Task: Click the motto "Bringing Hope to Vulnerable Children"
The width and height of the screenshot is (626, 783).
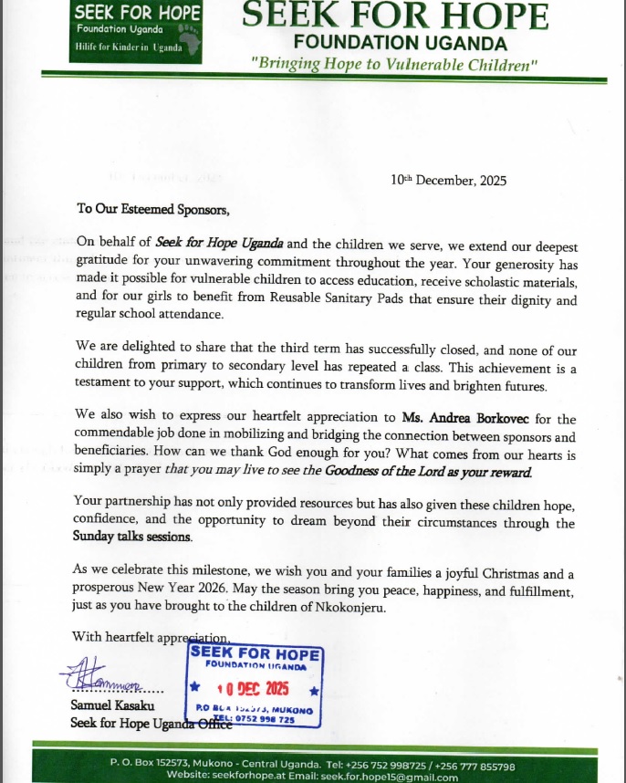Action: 395,63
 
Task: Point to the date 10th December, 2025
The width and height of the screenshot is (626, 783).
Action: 448,180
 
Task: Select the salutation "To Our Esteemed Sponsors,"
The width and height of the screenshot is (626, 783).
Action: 153,208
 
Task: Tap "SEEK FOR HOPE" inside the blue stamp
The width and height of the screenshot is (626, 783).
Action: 256,652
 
